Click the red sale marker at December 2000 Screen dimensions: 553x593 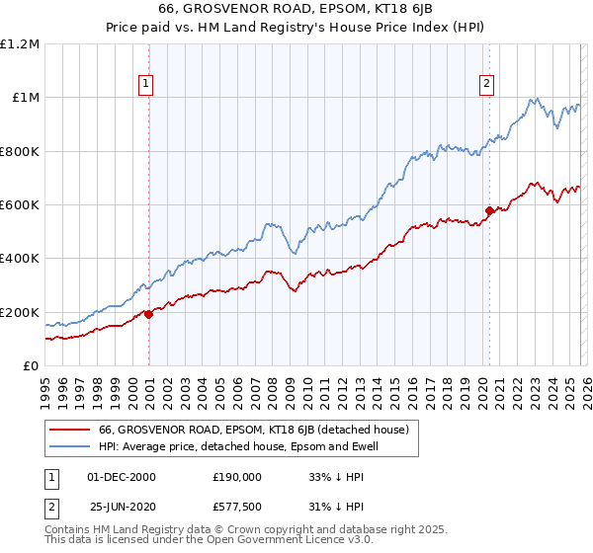coord(148,314)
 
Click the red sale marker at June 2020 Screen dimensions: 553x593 coord(489,210)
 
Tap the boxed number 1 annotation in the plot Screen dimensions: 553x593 coord(146,85)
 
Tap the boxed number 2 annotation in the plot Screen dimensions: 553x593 coord(487,85)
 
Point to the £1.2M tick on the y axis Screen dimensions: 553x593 coord(20,44)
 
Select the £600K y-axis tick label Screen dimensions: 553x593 coord(20,205)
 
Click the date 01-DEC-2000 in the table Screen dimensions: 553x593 coord(122,477)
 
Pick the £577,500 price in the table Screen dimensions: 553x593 coord(237,507)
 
